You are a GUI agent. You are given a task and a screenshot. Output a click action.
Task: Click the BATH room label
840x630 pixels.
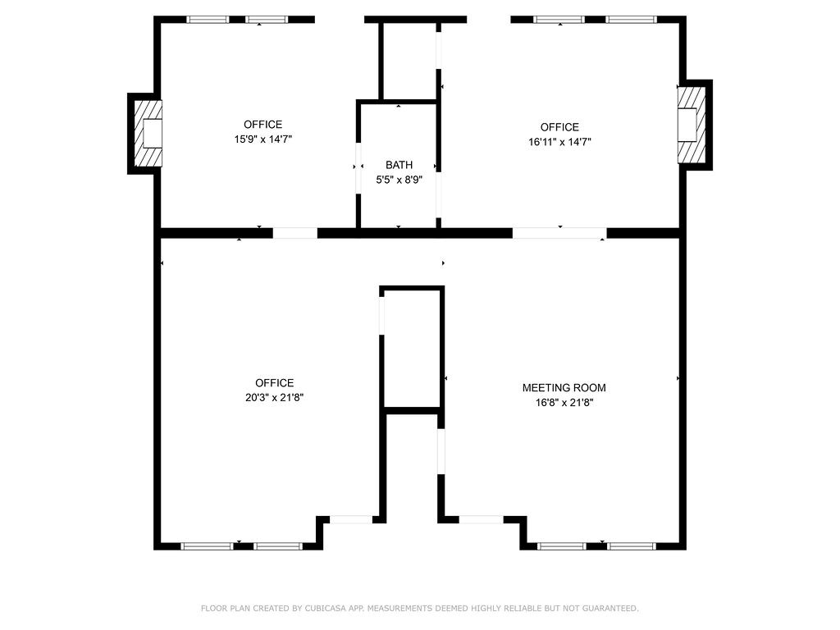coord(399,165)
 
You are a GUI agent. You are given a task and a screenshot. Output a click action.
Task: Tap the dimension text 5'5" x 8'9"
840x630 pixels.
coord(399,178)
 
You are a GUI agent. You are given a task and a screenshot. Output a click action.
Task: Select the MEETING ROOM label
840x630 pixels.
coord(564,388)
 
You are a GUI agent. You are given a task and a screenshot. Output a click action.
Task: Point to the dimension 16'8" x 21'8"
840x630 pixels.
coord(564,403)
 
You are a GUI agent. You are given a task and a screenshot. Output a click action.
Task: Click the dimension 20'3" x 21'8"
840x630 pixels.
coord(274,397)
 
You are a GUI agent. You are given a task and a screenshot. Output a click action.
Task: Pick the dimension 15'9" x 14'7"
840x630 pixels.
coord(262,139)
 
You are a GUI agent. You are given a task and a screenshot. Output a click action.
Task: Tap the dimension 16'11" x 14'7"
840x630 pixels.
coord(559,142)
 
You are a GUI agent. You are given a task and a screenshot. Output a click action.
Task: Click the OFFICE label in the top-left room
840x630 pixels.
coord(262,125)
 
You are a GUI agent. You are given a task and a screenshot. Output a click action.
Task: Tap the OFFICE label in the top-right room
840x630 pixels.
coord(559,127)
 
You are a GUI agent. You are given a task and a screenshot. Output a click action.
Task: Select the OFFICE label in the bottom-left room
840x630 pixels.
coord(274,383)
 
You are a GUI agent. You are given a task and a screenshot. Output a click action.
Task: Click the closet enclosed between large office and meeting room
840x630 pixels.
coord(412,349)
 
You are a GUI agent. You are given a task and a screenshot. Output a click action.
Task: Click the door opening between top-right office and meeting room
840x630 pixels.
coord(559,233)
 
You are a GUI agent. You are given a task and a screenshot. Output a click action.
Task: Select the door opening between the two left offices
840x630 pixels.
coord(294,233)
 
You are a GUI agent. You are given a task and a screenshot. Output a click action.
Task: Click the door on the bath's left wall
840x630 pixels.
coord(358,167)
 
